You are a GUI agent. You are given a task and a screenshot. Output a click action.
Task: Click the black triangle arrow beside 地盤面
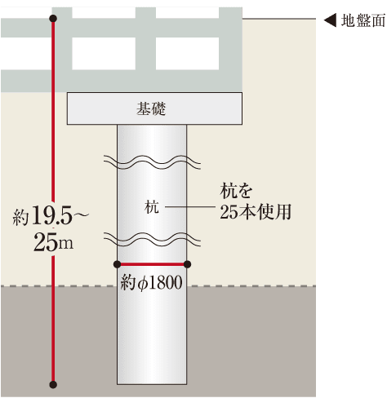point(330,20)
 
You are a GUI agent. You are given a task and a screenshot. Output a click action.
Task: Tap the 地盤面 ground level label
point(363,20)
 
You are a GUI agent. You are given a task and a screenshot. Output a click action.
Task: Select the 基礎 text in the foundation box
point(151,108)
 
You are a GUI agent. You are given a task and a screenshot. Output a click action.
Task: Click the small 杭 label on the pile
point(152,207)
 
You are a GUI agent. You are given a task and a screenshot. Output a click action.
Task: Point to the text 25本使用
point(256,212)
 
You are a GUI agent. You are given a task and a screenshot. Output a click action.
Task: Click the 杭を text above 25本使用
point(236,191)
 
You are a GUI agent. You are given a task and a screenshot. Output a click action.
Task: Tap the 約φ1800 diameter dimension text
point(151,282)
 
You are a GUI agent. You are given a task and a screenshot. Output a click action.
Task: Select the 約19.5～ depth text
point(51,215)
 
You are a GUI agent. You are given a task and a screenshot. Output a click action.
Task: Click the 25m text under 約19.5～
point(53,242)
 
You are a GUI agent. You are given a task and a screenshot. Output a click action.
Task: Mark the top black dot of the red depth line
point(53,19)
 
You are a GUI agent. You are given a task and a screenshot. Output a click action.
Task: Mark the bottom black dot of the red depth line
point(53,385)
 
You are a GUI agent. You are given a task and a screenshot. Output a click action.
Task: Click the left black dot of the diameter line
point(117,264)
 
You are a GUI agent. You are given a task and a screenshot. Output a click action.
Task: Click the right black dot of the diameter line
point(187,264)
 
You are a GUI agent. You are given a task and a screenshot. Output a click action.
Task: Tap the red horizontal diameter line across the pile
point(152,264)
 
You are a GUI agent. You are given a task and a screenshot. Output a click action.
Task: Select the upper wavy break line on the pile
point(152,162)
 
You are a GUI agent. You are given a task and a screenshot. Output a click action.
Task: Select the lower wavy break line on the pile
point(152,239)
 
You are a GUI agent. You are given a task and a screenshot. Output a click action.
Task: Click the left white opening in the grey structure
point(104,54)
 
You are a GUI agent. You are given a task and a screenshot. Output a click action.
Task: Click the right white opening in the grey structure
point(187,54)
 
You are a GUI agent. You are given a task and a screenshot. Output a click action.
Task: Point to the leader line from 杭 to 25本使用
point(189,207)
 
